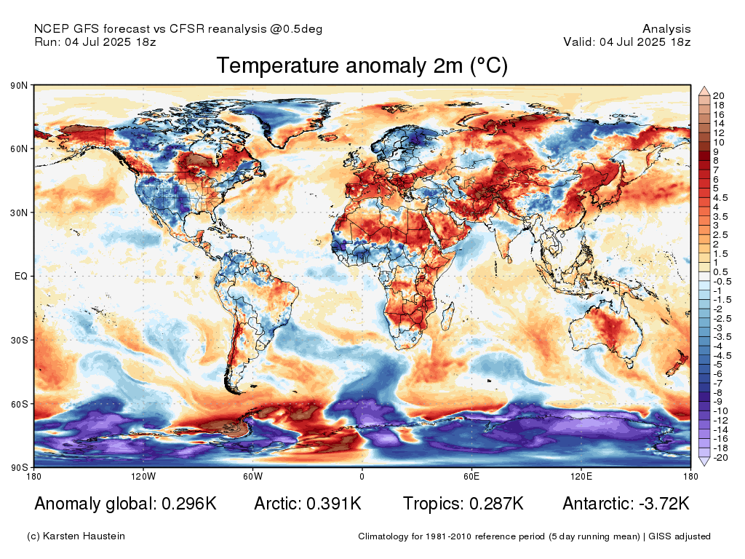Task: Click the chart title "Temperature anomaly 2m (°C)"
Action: pyautogui.click(x=362, y=66)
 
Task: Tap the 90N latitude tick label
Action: pyautogui.click(x=20, y=86)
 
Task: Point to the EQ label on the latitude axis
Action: pyautogui.click(x=21, y=277)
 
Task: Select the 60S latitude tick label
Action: pyautogui.click(x=20, y=403)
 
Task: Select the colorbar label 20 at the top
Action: pyautogui.click(x=719, y=96)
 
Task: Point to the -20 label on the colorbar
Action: pyautogui.click(x=720, y=458)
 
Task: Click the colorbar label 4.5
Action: pyautogui.click(x=720, y=197)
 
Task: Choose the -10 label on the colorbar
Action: pyautogui.click(x=720, y=411)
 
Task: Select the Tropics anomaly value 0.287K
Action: pyautogui.click(x=495, y=504)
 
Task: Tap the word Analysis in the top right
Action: pyautogui.click(x=666, y=28)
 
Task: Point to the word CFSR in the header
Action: pyautogui.click(x=188, y=28)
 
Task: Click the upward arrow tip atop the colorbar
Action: pyautogui.click(x=704, y=89)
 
